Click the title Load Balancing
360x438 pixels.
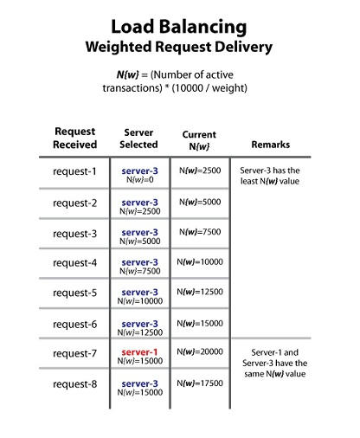[x=179, y=27]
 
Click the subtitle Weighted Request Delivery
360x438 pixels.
[x=179, y=47]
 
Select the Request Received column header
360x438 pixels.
[x=74, y=138]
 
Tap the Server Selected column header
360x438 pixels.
[x=138, y=138]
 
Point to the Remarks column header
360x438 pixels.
[x=271, y=145]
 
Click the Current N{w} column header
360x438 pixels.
[x=199, y=140]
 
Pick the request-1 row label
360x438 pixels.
[x=74, y=171]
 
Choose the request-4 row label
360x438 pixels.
[x=74, y=263]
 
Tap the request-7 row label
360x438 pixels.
[x=74, y=353]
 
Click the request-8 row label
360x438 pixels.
[x=74, y=384]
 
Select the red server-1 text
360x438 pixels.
[x=139, y=352]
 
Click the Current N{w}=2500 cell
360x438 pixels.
[x=200, y=171]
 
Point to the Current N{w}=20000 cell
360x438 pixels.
[x=200, y=351]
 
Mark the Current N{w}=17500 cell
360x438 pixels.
[x=200, y=383]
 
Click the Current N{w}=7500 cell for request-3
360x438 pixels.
[x=200, y=232]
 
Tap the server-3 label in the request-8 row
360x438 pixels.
[x=139, y=383]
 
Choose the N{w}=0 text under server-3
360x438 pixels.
[x=140, y=179]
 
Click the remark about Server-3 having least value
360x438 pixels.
[x=270, y=176]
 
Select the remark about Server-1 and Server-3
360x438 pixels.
[x=274, y=363]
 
